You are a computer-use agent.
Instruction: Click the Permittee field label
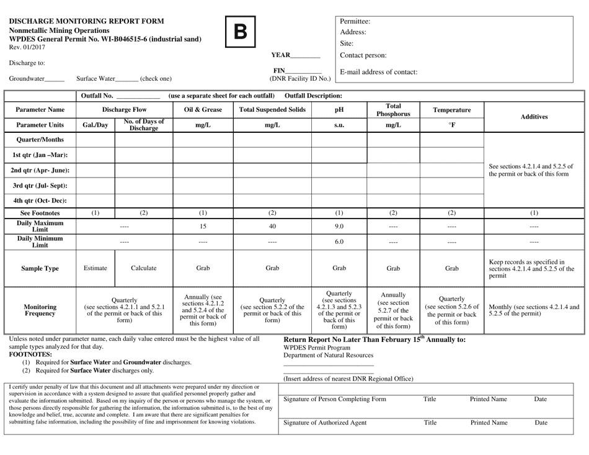click(x=355, y=21)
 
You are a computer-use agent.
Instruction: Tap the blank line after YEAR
click(x=306, y=56)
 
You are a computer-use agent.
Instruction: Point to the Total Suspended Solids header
click(x=272, y=110)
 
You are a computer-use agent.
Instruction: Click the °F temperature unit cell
click(x=451, y=124)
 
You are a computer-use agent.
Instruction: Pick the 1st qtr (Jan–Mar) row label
click(x=40, y=155)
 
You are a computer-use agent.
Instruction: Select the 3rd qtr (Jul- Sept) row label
click(x=40, y=185)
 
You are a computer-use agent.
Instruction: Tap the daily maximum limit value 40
click(x=272, y=227)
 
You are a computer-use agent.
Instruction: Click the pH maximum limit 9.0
click(x=339, y=227)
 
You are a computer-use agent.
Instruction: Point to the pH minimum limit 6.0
click(x=339, y=241)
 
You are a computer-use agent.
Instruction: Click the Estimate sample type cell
click(x=95, y=269)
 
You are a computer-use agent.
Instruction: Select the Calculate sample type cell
click(x=143, y=269)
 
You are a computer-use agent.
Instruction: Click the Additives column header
click(x=534, y=117)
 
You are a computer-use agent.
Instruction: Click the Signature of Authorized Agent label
click(x=325, y=423)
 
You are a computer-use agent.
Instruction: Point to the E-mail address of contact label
click(x=378, y=72)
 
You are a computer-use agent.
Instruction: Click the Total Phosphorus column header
click(x=393, y=110)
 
